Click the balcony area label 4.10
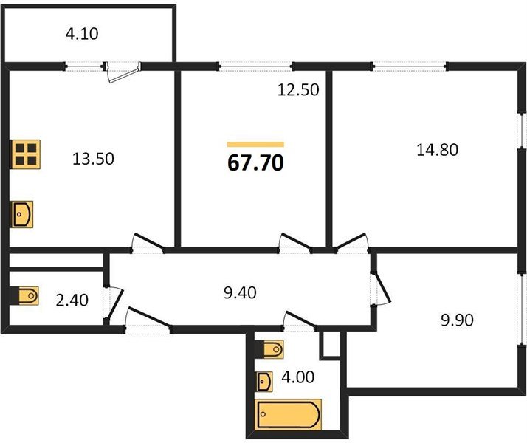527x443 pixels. pyautogui.click(x=82, y=34)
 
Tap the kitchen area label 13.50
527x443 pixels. pyautogui.click(x=93, y=159)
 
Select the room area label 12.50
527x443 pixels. pyautogui.click(x=298, y=90)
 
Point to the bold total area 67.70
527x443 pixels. pyautogui.click(x=255, y=163)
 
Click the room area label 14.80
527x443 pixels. pyautogui.click(x=437, y=150)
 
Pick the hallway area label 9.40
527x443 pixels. pyautogui.click(x=240, y=292)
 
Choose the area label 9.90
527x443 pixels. pyautogui.click(x=457, y=320)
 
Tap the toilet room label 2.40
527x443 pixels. pyautogui.click(x=72, y=300)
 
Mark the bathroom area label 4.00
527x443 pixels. pyautogui.click(x=297, y=377)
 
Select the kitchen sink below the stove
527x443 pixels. pyautogui.click(x=22, y=214)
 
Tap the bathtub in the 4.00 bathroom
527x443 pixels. pyautogui.click(x=289, y=415)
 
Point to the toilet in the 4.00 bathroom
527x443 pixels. pyautogui.click(x=269, y=349)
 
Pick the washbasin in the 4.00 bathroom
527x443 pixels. pyautogui.click(x=264, y=382)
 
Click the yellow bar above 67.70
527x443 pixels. pyautogui.click(x=255, y=145)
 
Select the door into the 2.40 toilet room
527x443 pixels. pyautogui.click(x=113, y=304)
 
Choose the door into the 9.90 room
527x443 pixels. pyautogui.click(x=381, y=288)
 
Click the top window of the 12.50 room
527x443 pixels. pyautogui.click(x=255, y=66)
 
